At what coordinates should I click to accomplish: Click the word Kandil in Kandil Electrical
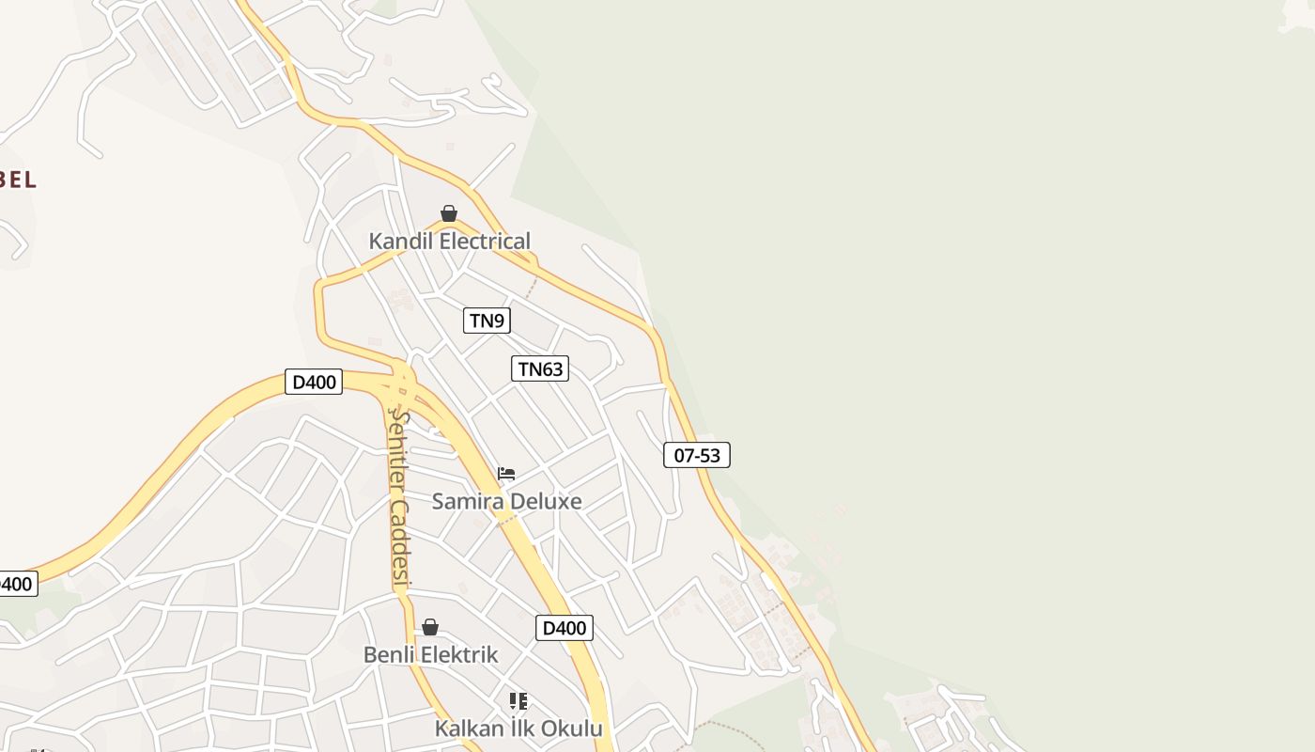[401, 241]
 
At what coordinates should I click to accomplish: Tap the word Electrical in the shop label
[485, 241]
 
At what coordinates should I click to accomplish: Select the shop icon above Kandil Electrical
[449, 213]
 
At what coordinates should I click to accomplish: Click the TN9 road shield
[487, 321]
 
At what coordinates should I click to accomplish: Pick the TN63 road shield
[540, 368]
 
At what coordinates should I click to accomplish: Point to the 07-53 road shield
[697, 455]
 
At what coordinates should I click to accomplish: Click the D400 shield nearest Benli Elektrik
[565, 628]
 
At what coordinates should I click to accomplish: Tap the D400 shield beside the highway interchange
[314, 383]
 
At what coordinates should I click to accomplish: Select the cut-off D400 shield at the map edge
[17, 584]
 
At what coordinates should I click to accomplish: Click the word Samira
[467, 501]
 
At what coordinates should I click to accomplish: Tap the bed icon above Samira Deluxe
[506, 474]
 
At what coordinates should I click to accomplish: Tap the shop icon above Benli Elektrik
[430, 627]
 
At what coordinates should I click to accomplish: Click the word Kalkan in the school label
[467, 728]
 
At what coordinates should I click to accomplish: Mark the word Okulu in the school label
[573, 728]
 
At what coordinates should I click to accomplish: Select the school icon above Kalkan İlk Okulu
[518, 700]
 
